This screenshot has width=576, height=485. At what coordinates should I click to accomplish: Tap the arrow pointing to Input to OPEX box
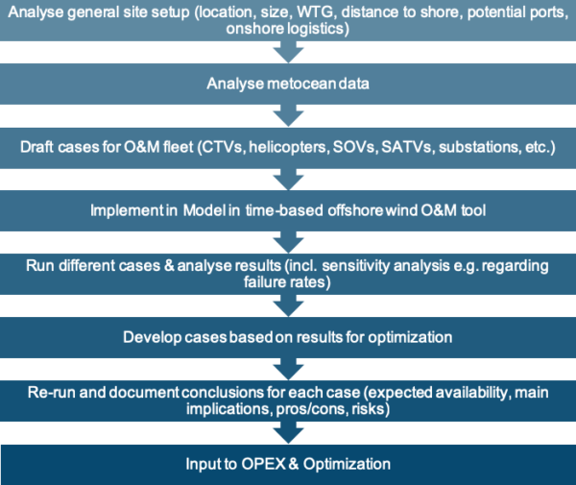(287, 433)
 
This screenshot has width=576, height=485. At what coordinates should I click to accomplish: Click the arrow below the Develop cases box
(287, 368)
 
